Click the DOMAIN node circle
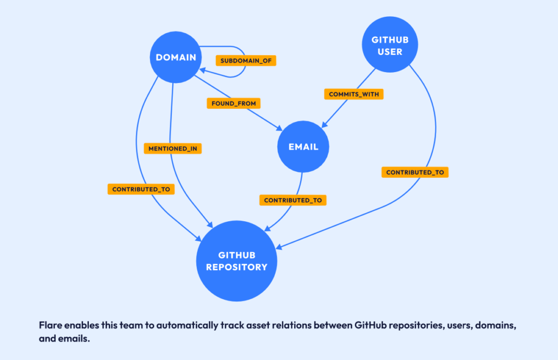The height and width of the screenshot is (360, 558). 176,57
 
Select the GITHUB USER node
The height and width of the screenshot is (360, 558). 390,46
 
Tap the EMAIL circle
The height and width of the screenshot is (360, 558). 303,147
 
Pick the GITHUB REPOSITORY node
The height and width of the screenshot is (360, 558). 236,261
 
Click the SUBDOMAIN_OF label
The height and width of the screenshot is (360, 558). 245,61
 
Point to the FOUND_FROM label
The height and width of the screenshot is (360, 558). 233,103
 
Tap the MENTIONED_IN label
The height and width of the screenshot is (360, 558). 173,148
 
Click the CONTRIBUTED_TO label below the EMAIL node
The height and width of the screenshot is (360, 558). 293,200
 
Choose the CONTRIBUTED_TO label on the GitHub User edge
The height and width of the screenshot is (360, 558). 415,172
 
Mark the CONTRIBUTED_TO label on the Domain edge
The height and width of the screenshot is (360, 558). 141,189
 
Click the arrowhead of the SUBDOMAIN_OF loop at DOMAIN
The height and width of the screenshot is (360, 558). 203,70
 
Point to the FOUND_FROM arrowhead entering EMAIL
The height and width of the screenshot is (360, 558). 280,128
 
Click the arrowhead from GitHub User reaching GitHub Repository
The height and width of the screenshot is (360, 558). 280,247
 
